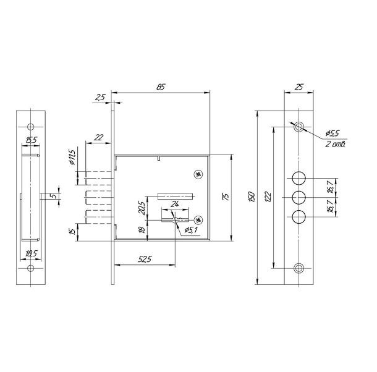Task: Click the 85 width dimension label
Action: coord(161,87)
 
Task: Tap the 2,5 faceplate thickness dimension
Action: coord(100,97)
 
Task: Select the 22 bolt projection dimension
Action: coord(99,137)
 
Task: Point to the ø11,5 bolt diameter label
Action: coord(72,157)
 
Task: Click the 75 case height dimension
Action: coord(226,197)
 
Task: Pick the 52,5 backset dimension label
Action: coord(145,259)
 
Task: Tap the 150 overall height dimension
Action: coord(252,197)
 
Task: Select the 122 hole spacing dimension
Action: coord(268,197)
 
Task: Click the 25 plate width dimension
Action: coord(299,87)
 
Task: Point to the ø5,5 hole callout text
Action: coord(333,133)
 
